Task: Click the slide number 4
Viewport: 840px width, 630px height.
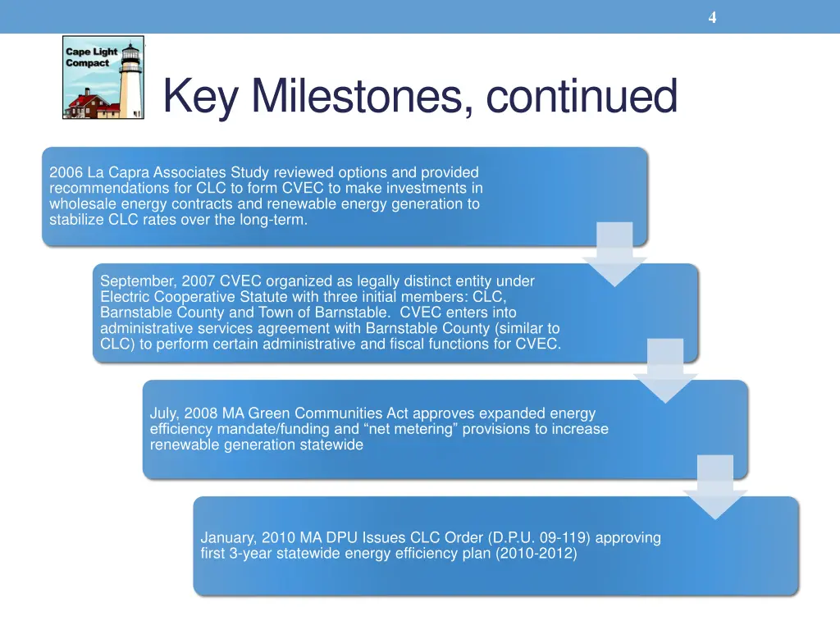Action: click(712, 17)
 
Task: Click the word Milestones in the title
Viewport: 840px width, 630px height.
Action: click(358, 97)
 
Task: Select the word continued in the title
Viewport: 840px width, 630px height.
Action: click(582, 97)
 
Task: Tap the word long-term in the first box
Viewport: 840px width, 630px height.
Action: click(276, 219)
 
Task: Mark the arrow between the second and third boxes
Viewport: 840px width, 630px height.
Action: click(664, 370)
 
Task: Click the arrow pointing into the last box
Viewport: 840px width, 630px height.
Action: click(714, 486)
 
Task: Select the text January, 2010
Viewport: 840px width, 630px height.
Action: click(249, 538)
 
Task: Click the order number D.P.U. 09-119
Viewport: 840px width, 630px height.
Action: click(539, 538)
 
